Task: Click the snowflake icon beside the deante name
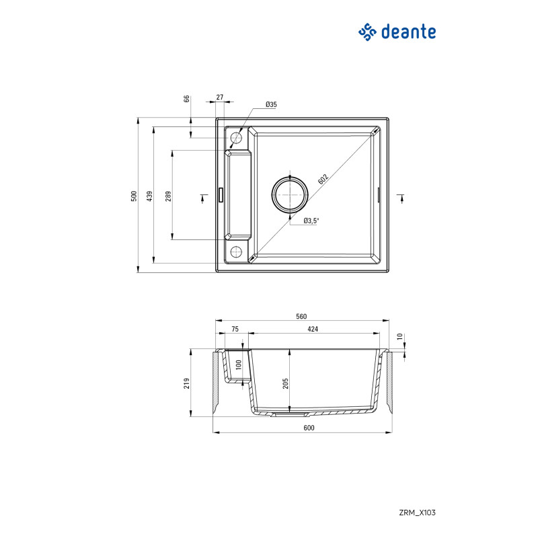368,32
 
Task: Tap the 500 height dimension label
134,196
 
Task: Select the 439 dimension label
151,196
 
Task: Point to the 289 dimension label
169,196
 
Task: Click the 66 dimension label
187,99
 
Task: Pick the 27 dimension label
220,98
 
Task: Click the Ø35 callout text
271,104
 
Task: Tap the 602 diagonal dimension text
323,179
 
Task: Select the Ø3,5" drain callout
311,221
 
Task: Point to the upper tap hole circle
236,139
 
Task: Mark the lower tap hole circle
236,252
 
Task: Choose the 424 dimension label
313,330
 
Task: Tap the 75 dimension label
235,330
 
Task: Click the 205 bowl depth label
286,383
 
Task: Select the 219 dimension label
188,383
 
